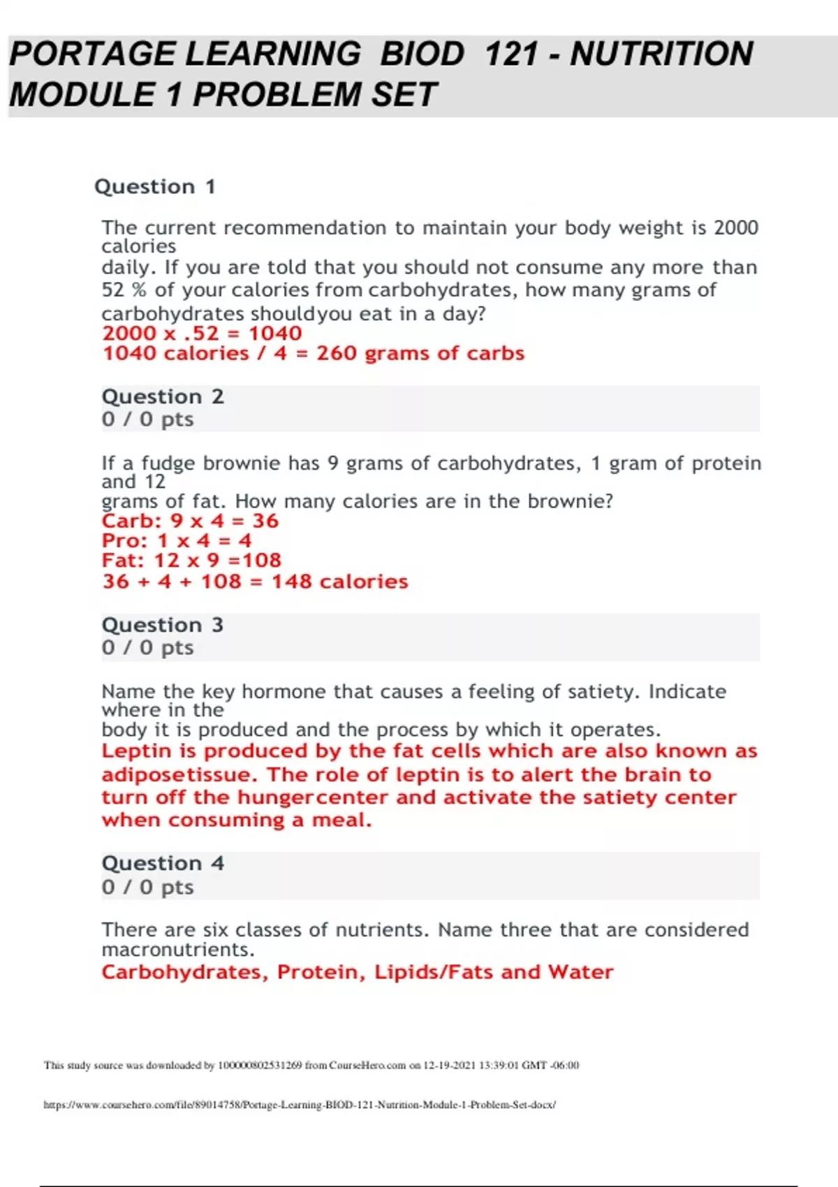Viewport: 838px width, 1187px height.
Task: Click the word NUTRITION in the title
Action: click(661, 54)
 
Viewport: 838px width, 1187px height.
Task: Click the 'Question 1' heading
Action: click(154, 186)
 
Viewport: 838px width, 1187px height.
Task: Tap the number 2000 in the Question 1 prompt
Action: click(735, 228)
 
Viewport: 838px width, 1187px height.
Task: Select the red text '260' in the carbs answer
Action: click(337, 353)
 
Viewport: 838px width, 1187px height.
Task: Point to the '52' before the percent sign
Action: click(113, 290)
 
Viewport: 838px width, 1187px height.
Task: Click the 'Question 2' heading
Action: click(163, 397)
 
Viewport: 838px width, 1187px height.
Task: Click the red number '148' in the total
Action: click(291, 582)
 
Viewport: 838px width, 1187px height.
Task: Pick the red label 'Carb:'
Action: click(131, 521)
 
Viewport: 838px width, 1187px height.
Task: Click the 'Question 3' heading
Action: click(163, 625)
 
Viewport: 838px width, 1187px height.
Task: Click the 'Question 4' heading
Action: click(163, 864)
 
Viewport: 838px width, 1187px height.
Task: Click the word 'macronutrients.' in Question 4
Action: click(178, 950)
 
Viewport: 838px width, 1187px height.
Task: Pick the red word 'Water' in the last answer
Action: click(580, 972)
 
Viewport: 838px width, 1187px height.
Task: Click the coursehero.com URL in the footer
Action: click(300, 1105)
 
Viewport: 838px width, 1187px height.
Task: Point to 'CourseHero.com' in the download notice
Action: click(367, 1066)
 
